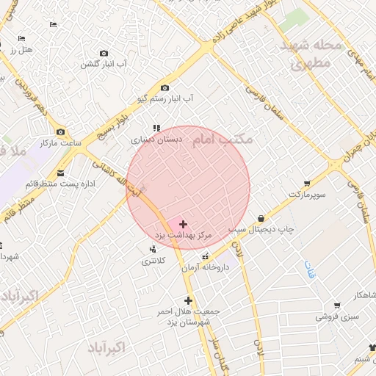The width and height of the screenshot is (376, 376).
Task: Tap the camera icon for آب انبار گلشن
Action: tap(104, 53)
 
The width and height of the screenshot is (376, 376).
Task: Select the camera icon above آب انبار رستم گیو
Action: tap(164, 87)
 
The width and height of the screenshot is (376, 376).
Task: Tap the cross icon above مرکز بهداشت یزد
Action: tap(182, 223)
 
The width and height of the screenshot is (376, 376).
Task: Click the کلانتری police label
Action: tap(153, 261)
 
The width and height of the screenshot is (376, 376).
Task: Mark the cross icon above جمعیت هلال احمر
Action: tap(189, 300)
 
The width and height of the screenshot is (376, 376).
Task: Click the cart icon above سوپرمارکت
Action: tap(306, 184)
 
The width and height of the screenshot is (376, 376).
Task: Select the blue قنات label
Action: tap(305, 269)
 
